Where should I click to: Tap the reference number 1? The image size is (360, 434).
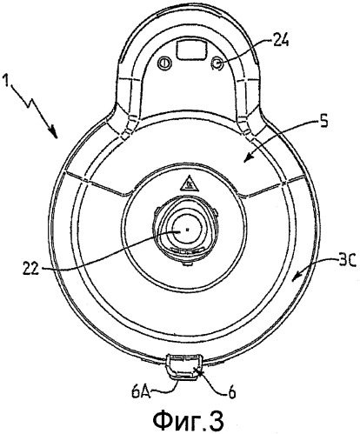click(x=6, y=81)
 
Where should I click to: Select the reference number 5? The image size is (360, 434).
click(x=324, y=121)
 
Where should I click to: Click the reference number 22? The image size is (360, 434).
click(x=30, y=270)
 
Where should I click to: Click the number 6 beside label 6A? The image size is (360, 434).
click(x=230, y=392)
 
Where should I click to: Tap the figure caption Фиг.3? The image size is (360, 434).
click(x=188, y=419)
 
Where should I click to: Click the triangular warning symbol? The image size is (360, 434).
click(x=189, y=184)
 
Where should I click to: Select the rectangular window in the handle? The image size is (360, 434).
click(x=191, y=50)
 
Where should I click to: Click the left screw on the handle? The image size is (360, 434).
click(x=165, y=62)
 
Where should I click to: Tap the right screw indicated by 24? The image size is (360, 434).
click(x=217, y=63)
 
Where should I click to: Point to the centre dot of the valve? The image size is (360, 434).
click(x=188, y=229)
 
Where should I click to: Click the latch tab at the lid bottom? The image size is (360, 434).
click(x=184, y=366)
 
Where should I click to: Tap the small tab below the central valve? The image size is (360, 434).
click(x=188, y=264)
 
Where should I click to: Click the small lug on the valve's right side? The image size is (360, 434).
click(x=215, y=213)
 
